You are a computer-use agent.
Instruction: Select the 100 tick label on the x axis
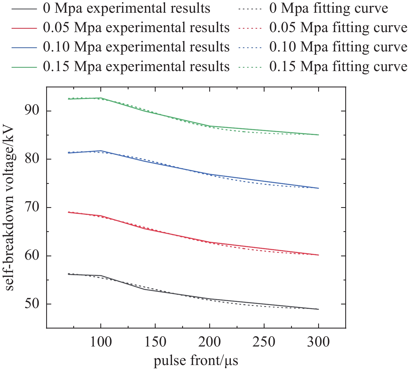[101, 342]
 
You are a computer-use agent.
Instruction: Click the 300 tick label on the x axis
[319, 342]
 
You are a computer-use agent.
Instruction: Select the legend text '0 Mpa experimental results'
[127, 9]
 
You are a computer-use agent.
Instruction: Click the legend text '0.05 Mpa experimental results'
[136, 28]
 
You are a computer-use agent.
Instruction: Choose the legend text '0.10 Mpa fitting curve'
[338, 47]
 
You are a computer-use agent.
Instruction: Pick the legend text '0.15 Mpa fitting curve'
[338, 66]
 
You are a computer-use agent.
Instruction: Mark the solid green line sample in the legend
[24, 67]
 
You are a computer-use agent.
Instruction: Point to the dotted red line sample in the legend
[250, 28]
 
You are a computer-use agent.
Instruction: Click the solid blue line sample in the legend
[24, 47]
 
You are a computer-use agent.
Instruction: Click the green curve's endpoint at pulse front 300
[319, 135]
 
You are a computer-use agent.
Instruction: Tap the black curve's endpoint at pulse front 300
[319, 309]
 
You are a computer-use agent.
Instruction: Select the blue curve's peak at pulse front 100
[101, 151]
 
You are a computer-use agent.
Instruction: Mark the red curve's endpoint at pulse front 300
[319, 255]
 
